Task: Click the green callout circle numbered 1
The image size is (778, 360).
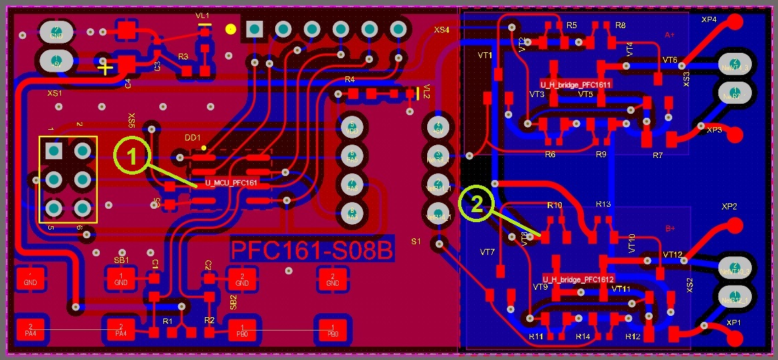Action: point(132,156)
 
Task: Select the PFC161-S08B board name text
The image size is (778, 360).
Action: point(311,250)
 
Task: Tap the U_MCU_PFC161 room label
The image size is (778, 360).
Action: point(231,182)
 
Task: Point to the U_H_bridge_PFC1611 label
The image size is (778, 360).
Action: point(575,84)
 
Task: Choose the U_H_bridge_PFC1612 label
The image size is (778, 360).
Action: point(578,278)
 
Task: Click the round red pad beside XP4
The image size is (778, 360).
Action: point(734,22)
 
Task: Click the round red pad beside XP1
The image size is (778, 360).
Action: point(734,337)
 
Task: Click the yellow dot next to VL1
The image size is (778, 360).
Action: point(230,29)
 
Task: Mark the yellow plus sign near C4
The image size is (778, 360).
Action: point(104,67)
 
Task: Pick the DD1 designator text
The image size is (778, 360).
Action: point(193,137)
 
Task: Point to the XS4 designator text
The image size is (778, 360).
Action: point(442,30)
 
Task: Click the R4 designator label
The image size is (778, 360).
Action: point(349,80)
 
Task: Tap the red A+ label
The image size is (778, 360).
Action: point(670,35)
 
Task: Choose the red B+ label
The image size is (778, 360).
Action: point(670,229)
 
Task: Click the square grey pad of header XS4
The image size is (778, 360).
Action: point(254,29)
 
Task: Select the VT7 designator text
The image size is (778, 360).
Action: point(487,252)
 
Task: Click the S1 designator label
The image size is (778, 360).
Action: point(416,241)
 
